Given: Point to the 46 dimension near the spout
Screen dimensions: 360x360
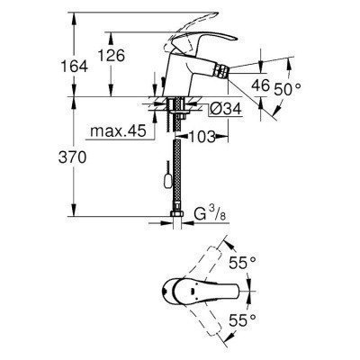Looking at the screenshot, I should (261, 87).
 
